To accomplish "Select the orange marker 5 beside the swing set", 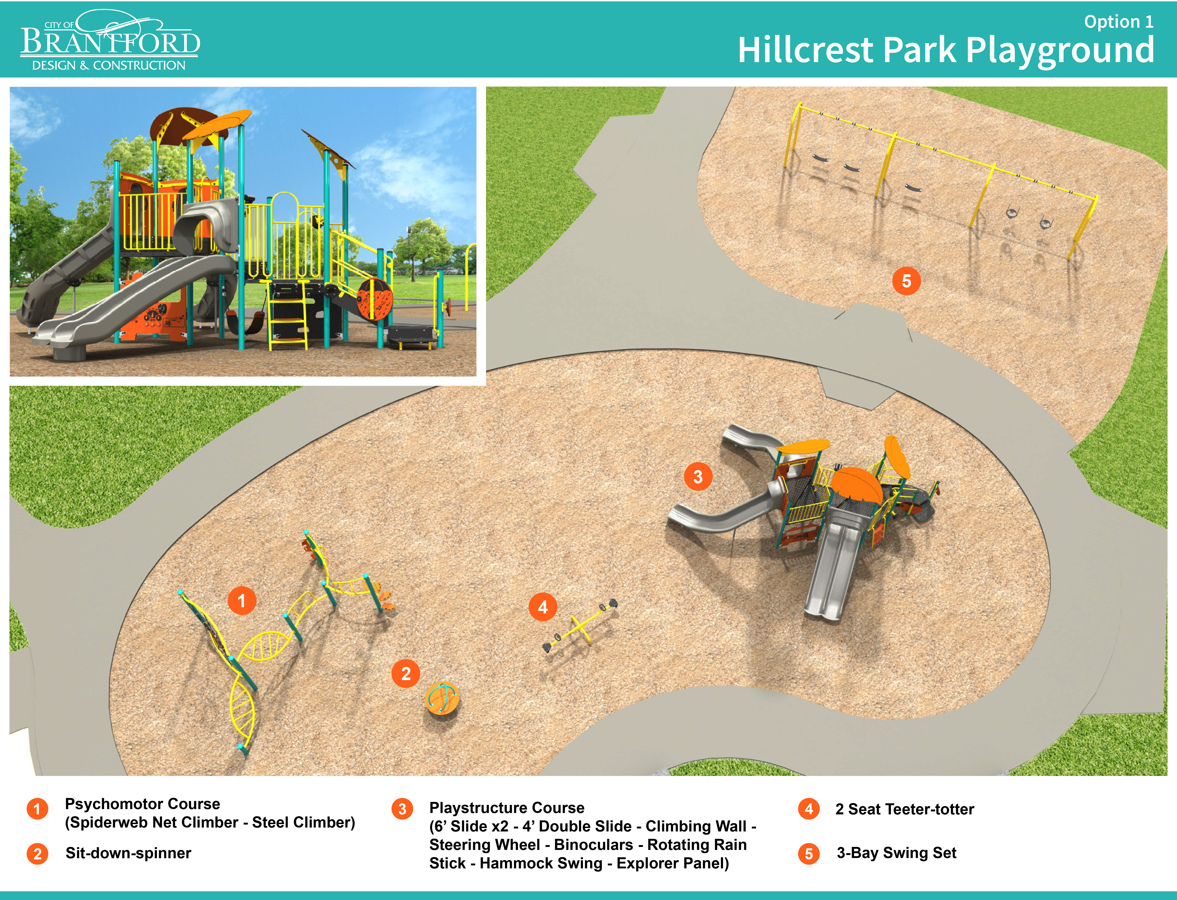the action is [x=906, y=281].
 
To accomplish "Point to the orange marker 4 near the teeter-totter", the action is [x=543, y=607].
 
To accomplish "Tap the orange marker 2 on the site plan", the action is [x=405, y=673].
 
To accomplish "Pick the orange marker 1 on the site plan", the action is [x=242, y=600].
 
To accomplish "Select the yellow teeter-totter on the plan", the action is [x=580, y=625].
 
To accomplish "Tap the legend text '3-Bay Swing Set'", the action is [x=896, y=853].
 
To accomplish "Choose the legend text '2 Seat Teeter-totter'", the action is [x=904, y=809].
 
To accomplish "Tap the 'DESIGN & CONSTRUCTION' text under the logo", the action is [x=109, y=65].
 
